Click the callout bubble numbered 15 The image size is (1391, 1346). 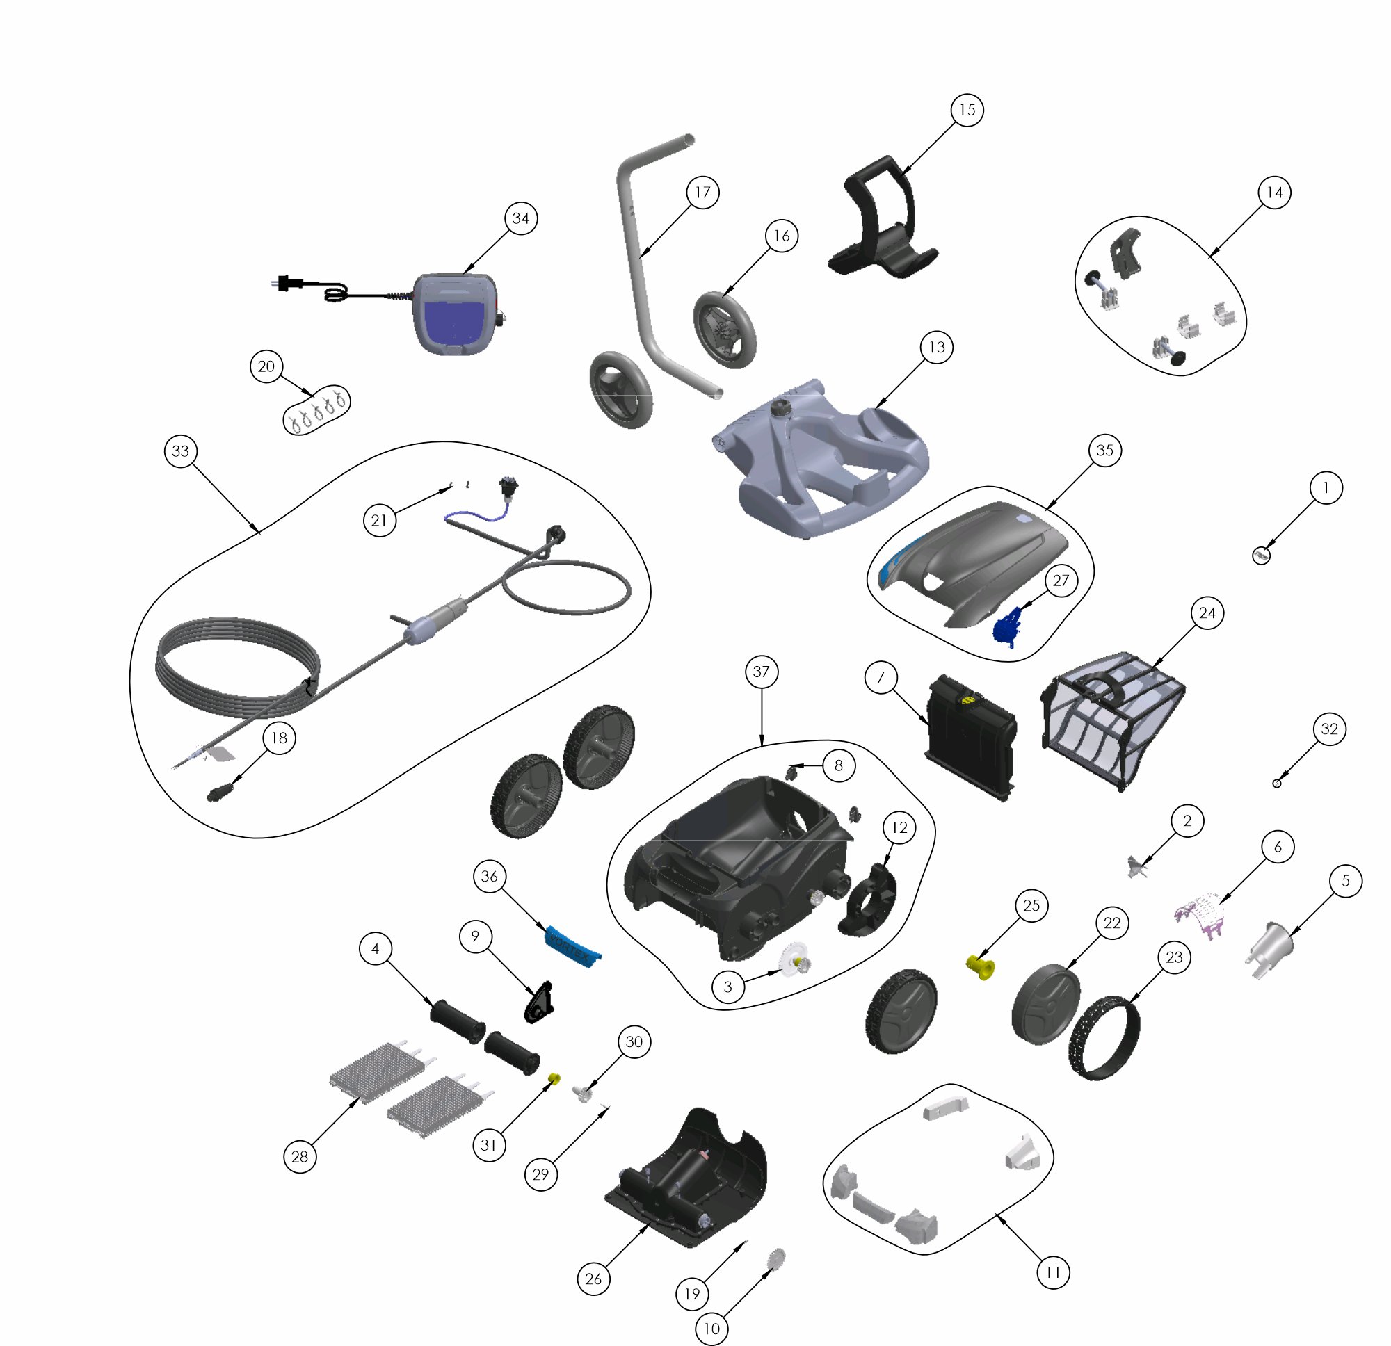(x=967, y=110)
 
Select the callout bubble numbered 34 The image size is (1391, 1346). (x=521, y=218)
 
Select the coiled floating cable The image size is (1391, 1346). (x=238, y=667)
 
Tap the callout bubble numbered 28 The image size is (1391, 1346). (x=300, y=1157)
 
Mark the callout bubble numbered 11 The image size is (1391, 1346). (x=1052, y=1272)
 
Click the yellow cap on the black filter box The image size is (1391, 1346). (x=965, y=701)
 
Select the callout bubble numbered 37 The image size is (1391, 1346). (x=761, y=671)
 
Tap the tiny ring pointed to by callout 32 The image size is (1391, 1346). (x=1277, y=783)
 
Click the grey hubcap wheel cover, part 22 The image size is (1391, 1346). (x=1045, y=1003)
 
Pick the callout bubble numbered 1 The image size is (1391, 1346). (x=1326, y=488)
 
